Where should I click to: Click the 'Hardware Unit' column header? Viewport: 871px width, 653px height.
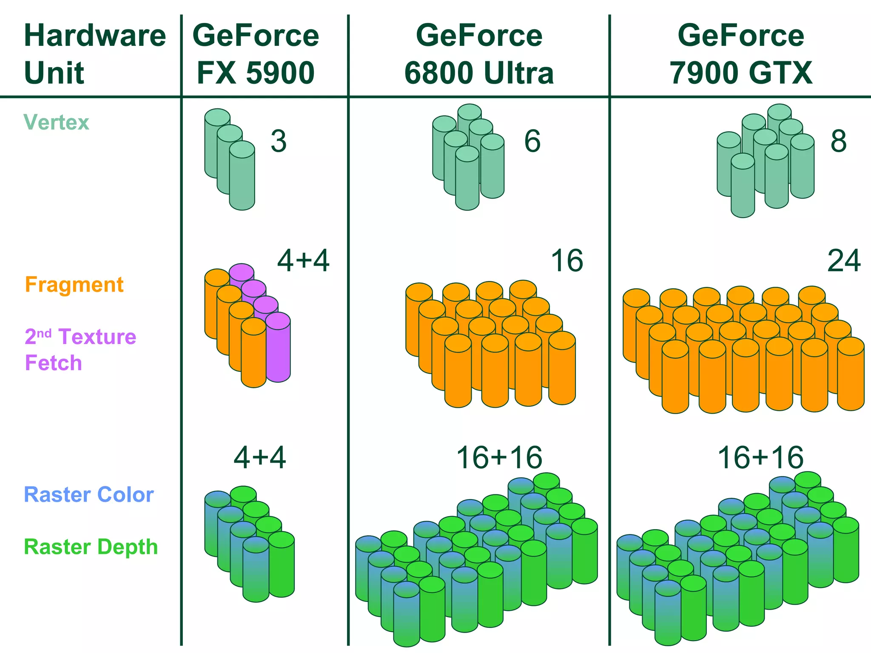94,54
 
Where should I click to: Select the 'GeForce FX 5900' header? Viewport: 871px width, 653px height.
256,54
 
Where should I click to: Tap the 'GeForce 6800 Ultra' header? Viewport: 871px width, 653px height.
479,54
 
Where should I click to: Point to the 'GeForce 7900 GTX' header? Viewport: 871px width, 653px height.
741,54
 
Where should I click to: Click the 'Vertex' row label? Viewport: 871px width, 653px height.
56,122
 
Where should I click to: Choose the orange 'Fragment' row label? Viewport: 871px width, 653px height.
74,284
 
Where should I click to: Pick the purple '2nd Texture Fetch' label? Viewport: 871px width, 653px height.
80,349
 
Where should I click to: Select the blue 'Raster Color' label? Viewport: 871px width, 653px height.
88,494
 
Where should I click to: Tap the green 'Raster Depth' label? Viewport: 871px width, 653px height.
91,547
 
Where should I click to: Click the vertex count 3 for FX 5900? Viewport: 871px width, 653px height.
279,141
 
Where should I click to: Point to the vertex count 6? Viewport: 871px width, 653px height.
532,141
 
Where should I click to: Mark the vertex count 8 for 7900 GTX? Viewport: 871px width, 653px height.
838,141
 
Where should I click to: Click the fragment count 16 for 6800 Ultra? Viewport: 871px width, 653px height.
567,261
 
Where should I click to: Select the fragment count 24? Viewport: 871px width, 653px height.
844,261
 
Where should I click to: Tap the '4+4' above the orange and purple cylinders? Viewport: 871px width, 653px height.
303,261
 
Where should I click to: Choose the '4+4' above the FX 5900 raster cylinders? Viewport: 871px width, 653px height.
260,458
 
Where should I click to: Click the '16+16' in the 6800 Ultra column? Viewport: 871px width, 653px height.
499,458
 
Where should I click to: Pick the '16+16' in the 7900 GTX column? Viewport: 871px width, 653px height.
760,458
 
